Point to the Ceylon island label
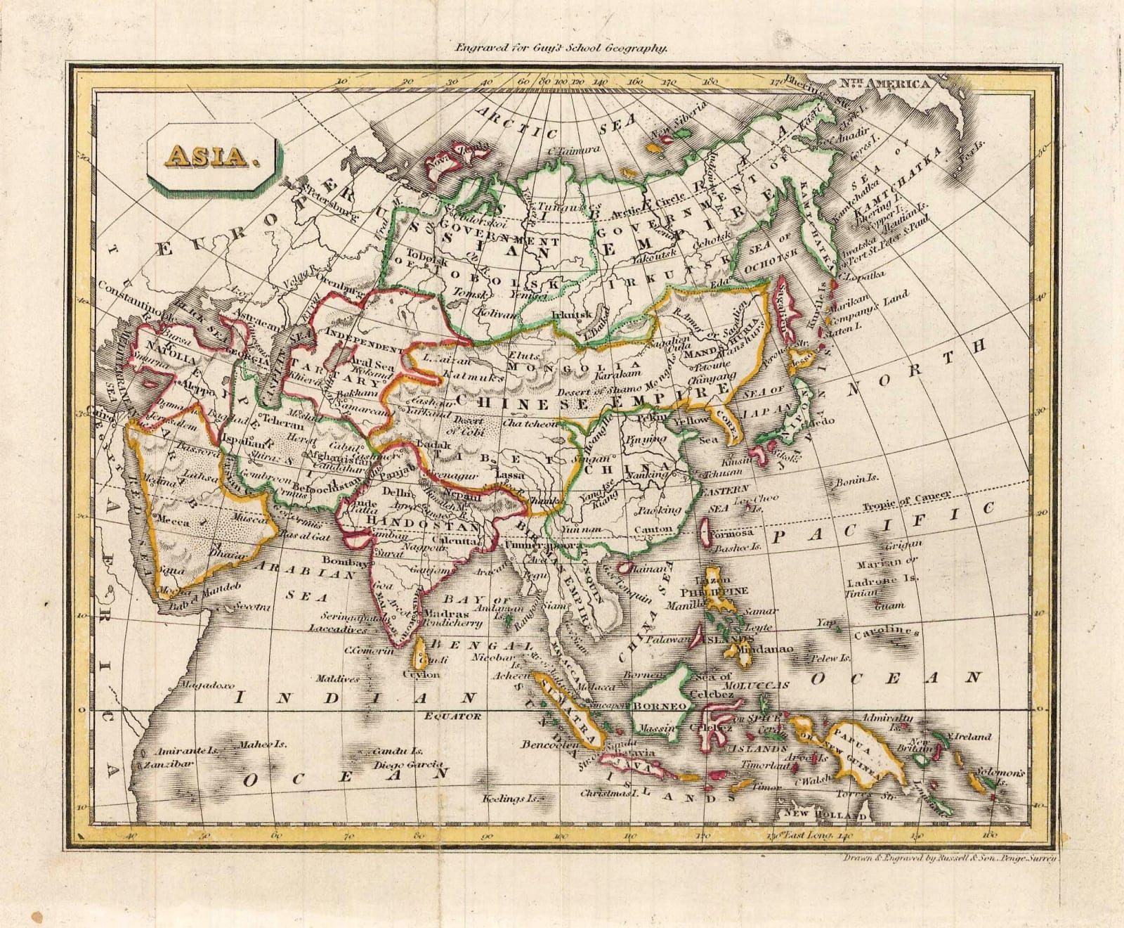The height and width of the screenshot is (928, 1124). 421,674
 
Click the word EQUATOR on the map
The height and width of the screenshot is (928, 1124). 452,716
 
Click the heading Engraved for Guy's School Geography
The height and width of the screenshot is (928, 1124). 560,49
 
